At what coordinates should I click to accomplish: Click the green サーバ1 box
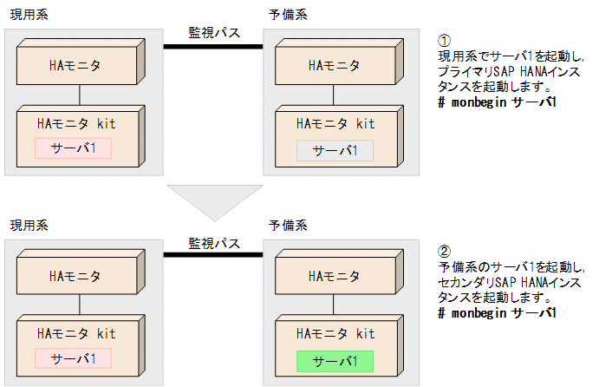(x=335, y=360)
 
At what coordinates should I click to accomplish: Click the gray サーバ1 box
(x=335, y=150)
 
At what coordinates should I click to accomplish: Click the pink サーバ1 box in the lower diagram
(x=74, y=357)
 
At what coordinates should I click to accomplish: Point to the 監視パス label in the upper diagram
(x=214, y=32)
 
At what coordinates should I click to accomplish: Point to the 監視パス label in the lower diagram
(x=214, y=242)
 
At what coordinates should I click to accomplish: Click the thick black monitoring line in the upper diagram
(x=214, y=46)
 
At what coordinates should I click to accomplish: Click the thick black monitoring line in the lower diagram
(x=214, y=255)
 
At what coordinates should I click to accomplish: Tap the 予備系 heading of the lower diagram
(x=291, y=226)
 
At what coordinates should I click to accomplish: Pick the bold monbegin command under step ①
(x=497, y=102)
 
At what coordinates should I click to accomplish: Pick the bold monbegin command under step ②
(x=497, y=312)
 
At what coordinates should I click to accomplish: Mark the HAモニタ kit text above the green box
(x=335, y=334)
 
